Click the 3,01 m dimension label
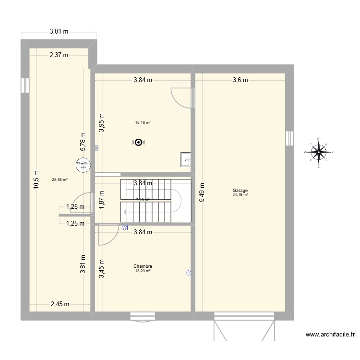pyautogui.click(x=59, y=32)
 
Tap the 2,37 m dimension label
pyautogui.click(x=59, y=55)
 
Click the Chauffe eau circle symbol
pyautogui.click(x=83, y=165)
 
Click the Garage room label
pyautogui.click(x=240, y=191)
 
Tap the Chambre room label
pyautogui.click(x=143, y=266)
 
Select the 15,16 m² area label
pyautogui.click(x=143, y=122)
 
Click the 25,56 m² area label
pyautogui.click(x=60, y=180)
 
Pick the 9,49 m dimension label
pyautogui.click(x=202, y=192)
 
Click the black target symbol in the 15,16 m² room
pyautogui.click(x=139, y=142)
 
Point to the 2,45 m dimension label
pyautogui.click(x=60, y=304)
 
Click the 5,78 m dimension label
pyautogui.click(x=83, y=142)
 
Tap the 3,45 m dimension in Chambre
pyautogui.click(x=101, y=269)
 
